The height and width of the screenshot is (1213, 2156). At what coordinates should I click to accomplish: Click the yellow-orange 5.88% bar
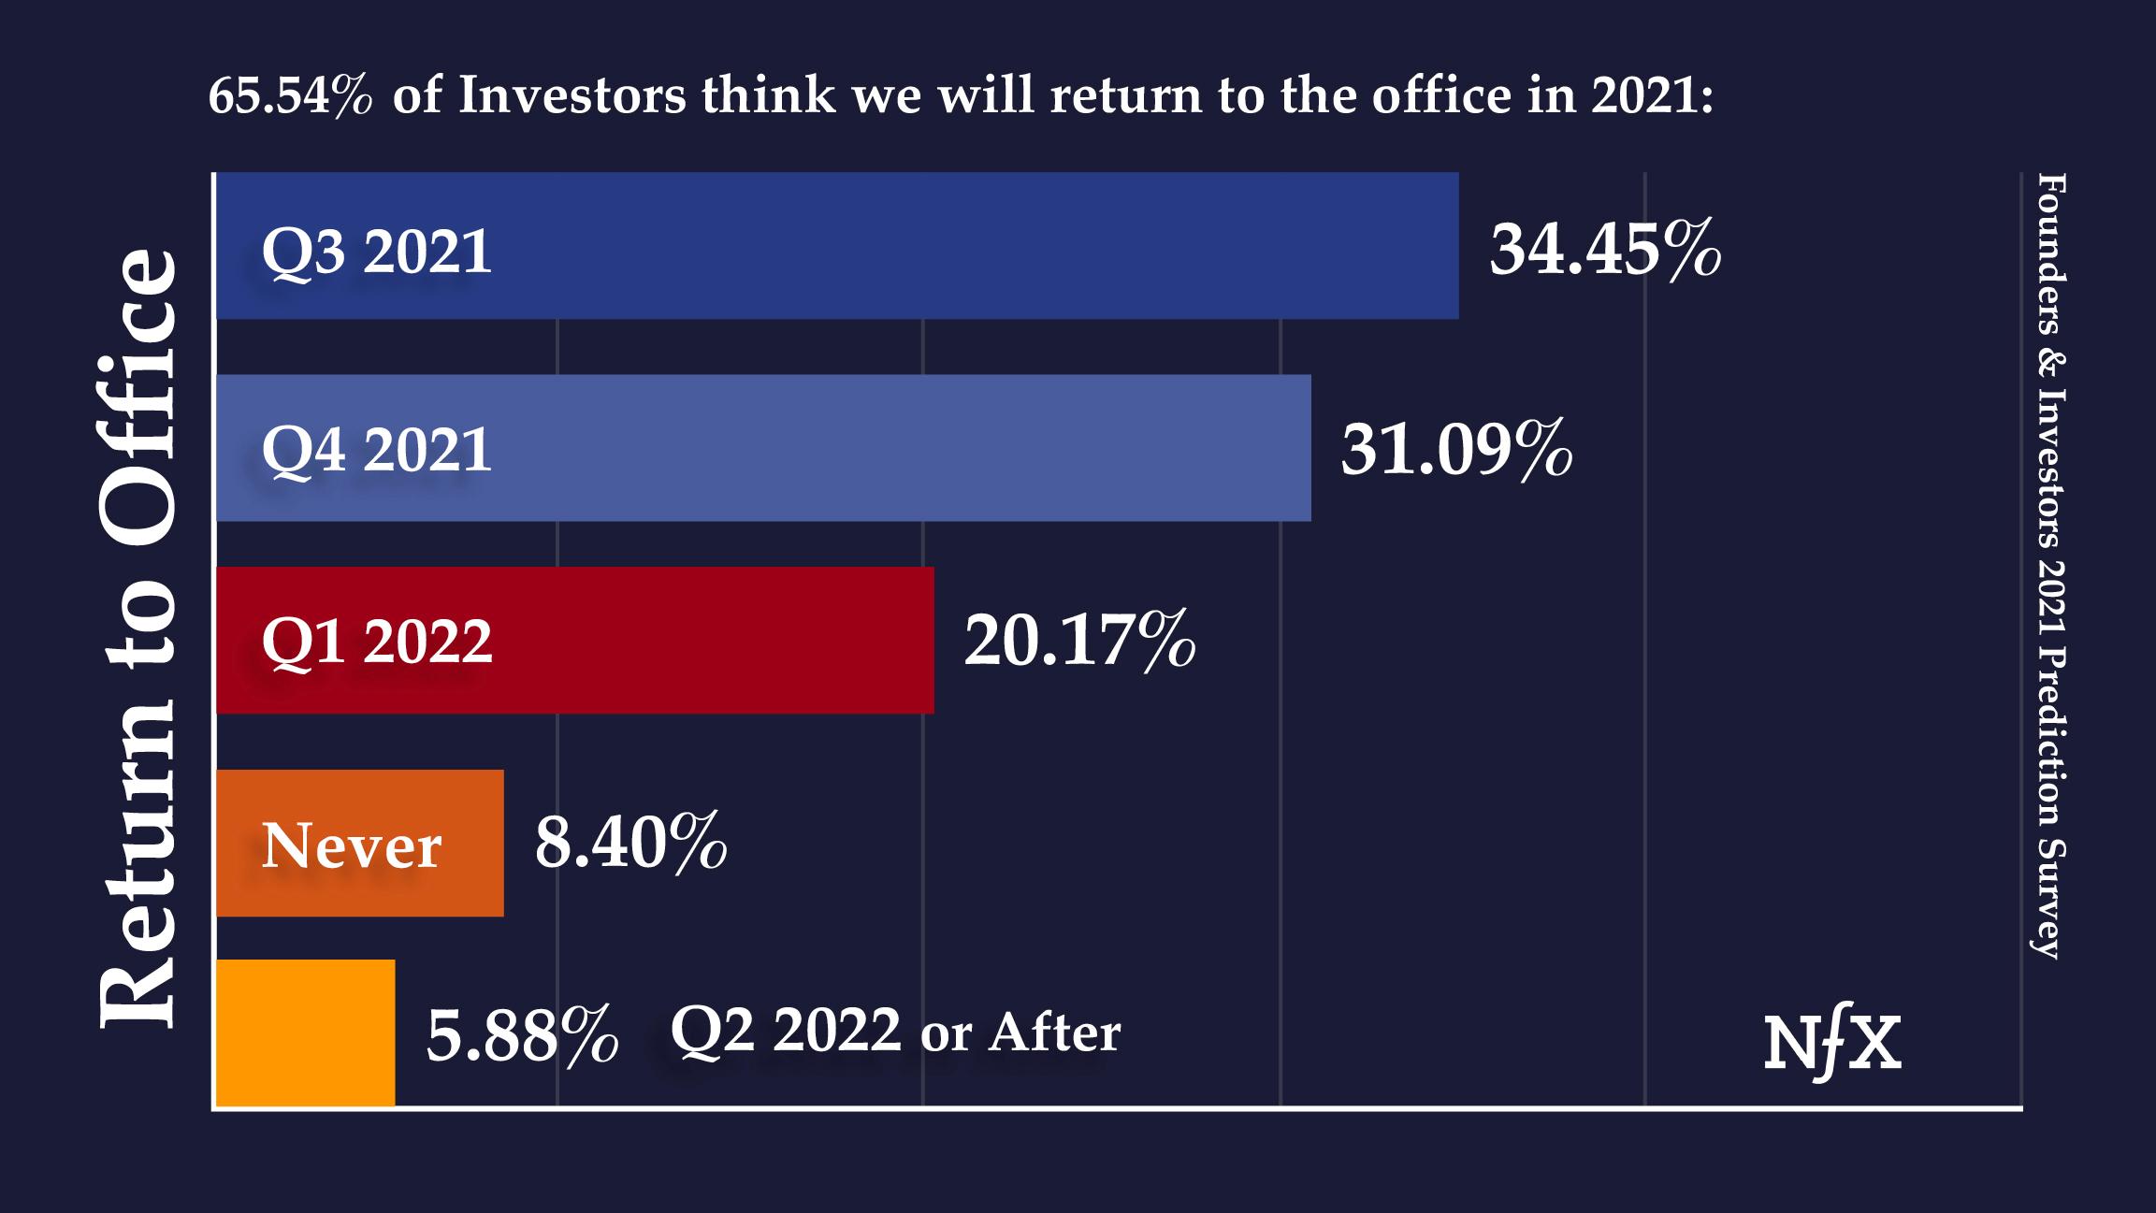coord(305,1032)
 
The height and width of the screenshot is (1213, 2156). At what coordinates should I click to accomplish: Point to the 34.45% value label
coord(1604,250)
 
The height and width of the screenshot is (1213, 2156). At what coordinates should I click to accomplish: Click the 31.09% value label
coord(1455,450)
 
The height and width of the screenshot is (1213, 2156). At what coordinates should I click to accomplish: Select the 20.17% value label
coord(1079,642)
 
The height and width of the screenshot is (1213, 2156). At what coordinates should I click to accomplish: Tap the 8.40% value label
coord(630,843)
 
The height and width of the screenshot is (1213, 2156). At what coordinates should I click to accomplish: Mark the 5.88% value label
coord(522,1034)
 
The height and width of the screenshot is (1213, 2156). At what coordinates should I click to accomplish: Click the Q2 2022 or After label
coord(895,1031)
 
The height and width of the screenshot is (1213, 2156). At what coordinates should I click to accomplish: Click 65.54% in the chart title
coord(290,95)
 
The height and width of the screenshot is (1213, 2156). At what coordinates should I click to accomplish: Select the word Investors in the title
coord(572,95)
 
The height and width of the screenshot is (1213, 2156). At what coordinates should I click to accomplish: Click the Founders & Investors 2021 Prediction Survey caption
coord(2050,565)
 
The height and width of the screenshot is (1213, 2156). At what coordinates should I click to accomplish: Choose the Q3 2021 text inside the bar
coord(376,252)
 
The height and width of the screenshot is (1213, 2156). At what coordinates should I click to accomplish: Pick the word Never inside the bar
coord(351,846)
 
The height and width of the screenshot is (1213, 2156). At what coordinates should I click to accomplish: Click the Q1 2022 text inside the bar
coord(376,642)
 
